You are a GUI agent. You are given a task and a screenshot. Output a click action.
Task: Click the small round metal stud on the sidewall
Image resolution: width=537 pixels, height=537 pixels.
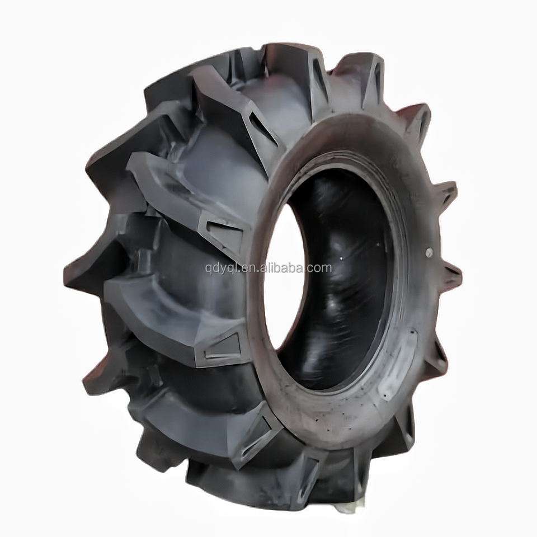pyautogui.click(x=428, y=252)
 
